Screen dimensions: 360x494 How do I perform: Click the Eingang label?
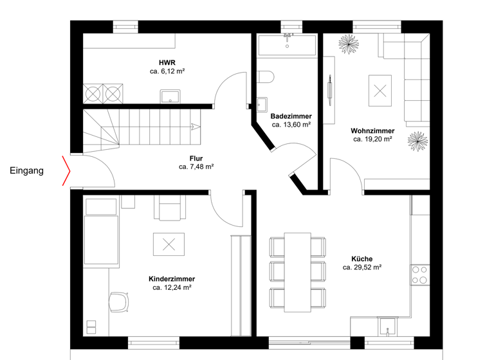click(x=26, y=171)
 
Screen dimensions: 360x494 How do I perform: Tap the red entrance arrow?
click(x=66, y=170)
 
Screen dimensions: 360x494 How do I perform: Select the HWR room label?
click(x=167, y=62)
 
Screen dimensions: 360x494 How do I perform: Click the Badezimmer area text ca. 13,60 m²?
click(x=291, y=125)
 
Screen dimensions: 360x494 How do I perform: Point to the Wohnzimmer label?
click(x=372, y=130)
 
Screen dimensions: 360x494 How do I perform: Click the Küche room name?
click(x=361, y=258)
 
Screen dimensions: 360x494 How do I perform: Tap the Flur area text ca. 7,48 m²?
click(x=196, y=166)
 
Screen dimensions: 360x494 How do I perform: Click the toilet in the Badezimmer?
click(x=265, y=78)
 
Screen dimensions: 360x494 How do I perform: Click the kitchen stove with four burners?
click(x=420, y=274)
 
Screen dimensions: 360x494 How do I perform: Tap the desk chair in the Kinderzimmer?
click(x=118, y=301)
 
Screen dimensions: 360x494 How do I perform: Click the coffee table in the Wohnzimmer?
click(x=379, y=90)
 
